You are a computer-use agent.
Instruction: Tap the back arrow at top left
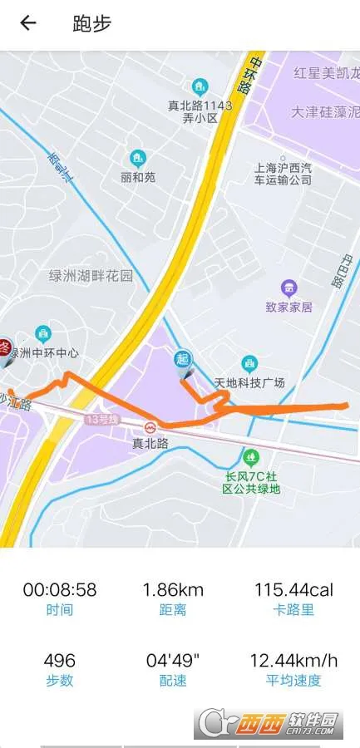[x=28, y=23]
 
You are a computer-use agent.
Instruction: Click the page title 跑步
[x=91, y=23]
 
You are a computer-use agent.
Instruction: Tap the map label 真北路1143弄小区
[x=200, y=111]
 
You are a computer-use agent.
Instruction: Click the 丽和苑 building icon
[x=137, y=158]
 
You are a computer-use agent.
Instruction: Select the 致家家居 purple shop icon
[x=288, y=288]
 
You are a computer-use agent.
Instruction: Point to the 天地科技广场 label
[x=249, y=382]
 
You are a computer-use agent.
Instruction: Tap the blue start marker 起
[x=183, y=360]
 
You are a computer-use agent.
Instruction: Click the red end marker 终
[x=4, y=347]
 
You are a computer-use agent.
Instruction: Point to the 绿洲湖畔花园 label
[x=90, y=276]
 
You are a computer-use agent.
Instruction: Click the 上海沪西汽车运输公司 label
[x=283, y=173]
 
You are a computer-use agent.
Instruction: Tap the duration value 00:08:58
[x=59, y=590]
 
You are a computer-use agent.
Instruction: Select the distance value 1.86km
[x=173, y=590]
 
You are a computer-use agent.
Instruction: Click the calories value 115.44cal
[x=293, y=590]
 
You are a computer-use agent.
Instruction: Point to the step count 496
[x=59, y=661]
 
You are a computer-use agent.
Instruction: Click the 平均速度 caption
[x=293, y=682]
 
